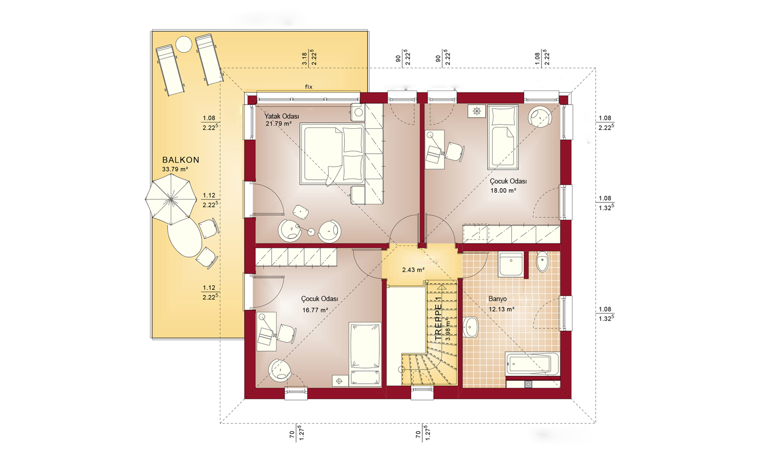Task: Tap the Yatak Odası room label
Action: tap(281, 117)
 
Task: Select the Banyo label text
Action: tap(498, 299)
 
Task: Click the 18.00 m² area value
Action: tap(503, 190)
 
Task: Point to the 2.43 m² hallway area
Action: tap(413, 270)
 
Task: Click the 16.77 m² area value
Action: tap(315, 310)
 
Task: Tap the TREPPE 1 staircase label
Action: tap(438, 318)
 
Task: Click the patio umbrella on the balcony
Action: tap(170, 199)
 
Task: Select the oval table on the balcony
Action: tap(185, 238)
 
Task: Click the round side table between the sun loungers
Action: tap(184, 44)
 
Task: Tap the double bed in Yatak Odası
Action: tap(332, 154)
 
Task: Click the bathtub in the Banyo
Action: tap(533, 363)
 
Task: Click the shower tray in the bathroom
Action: tap(511, 264)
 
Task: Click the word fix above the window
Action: tap(309, 87)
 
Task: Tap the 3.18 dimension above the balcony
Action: tap(304, 59)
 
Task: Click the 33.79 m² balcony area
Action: tap(175, 169)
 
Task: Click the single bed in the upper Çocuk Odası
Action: tap(503, 137)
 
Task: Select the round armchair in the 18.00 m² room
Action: tap(540, 117)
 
